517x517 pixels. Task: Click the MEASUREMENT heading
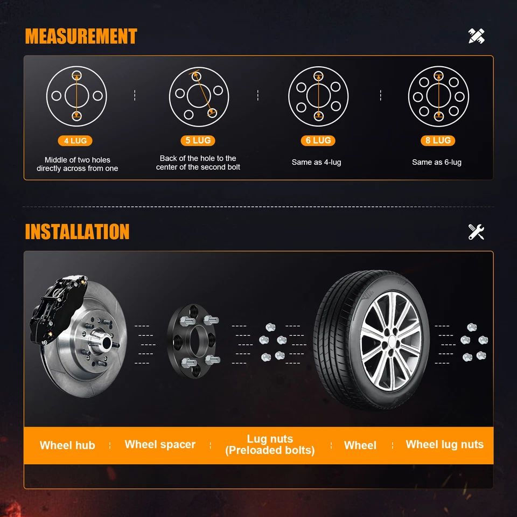[x=81, y=36]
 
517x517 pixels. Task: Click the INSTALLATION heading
[x=77, y=232]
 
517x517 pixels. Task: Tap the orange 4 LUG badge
[x=75, y=141]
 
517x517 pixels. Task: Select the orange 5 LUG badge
[x=198, y=141]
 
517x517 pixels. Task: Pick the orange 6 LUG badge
[x=318, y=141]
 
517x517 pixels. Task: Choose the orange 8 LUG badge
[x=438, y=141]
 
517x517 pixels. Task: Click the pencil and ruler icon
[x=476, y=36]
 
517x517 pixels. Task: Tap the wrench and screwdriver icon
[x=476, y=232]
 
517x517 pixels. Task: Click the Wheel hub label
[x=67, y=445]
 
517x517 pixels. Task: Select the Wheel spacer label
[x=160, y=444]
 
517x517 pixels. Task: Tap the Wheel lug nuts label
[x=444, y=444]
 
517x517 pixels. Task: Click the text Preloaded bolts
[x=270, y=450]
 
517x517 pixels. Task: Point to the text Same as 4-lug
[x=316, y=162]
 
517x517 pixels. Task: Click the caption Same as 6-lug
[x=437, y=162]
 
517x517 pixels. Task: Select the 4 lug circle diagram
[x=76, y=96]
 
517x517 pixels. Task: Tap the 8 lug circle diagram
[x=438, y=96]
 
